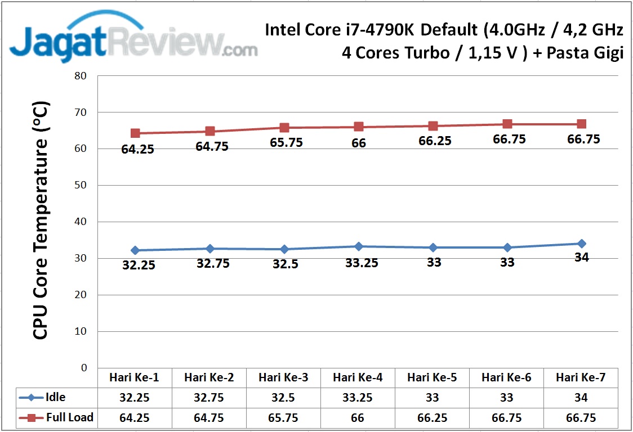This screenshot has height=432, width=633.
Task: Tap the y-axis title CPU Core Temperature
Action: coord(41,220)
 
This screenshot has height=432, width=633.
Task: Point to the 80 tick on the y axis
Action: coord(81,76)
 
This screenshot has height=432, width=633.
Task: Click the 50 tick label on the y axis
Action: coord(81,185)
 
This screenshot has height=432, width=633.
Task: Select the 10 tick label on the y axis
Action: coord(81,331)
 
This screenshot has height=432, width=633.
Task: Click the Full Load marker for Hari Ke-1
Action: coord(135,133)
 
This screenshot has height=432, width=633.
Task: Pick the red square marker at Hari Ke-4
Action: coord(359,127)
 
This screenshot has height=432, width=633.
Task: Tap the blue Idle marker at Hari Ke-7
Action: coord(581,244)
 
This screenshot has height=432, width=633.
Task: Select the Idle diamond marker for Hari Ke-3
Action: coord(284,249)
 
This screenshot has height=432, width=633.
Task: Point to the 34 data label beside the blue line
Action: coord(581,258)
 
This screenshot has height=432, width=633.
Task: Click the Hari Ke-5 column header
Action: coord(433,377)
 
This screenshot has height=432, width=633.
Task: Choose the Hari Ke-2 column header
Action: coord(209,377)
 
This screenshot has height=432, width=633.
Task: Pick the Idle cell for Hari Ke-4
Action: coord(358,398)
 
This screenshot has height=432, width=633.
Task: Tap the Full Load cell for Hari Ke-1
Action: coord(135,418)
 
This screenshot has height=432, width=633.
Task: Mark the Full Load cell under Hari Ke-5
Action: coord(433,418)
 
